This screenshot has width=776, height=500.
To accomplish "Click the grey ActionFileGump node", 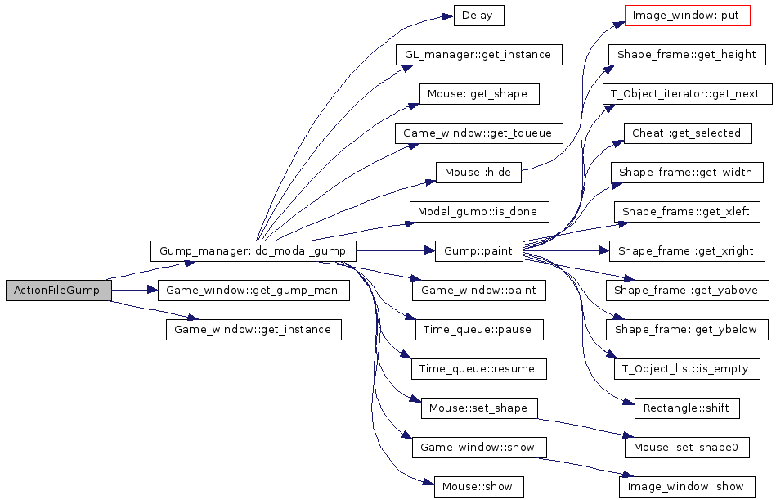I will (x=57, y=291).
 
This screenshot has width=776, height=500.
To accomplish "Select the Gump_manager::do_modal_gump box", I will (x=253, y=250).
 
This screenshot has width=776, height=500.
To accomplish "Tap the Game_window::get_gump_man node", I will (x=253, y=291).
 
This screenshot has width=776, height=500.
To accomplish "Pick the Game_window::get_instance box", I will (x=253, y=330).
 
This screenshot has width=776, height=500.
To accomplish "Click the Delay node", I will (x=478, y=16).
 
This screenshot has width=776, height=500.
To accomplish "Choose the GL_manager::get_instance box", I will (x=478, y=55).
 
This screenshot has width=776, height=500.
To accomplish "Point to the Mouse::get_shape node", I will (x=478, y=94).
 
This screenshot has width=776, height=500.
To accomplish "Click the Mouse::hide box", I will (x=478, y=173).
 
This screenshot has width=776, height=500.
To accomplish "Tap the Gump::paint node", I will (x=478, y=250).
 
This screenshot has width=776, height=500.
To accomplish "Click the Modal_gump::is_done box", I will (x=478, y=212).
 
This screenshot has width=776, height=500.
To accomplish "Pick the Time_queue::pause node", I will (x=478, y=330).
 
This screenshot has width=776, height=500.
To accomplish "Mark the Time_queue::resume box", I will (x=478, y=369).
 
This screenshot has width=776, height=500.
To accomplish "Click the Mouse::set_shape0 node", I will (x=686, y=448).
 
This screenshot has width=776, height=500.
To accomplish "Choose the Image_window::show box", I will (x=686, y=487).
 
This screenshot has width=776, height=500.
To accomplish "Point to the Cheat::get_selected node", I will (x=686, y=133).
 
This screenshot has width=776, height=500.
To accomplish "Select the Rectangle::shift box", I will (x=686, y=408).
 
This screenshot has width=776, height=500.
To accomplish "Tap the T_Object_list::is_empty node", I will (x=686, y=369).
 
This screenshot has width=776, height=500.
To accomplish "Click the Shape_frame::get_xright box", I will (x=686, y=250).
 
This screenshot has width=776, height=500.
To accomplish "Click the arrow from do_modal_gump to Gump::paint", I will (x=392, y=250).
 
